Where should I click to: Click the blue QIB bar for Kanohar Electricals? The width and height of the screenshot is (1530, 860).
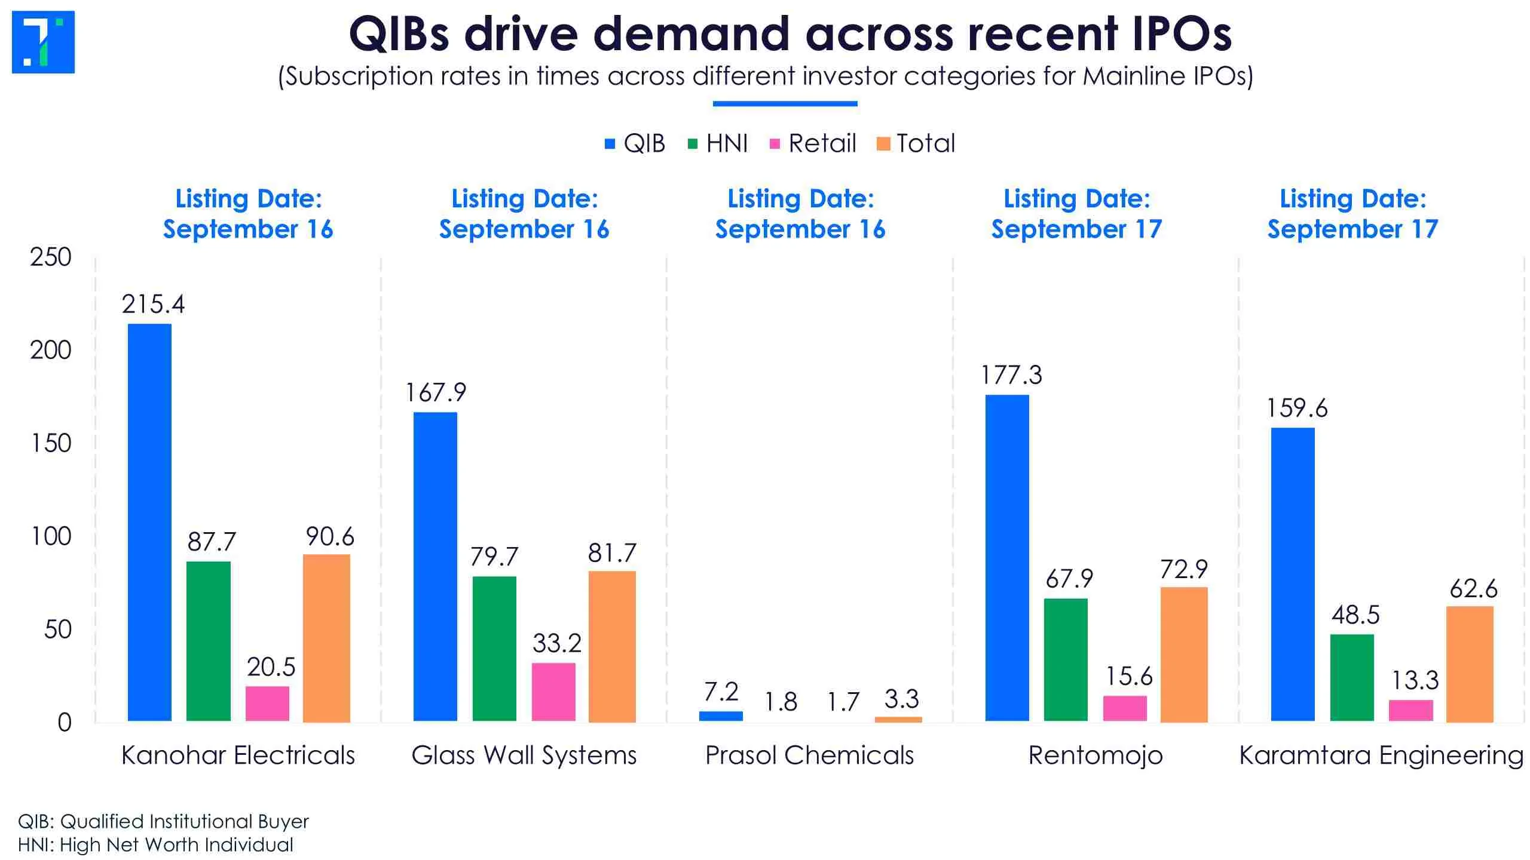click(149, 523)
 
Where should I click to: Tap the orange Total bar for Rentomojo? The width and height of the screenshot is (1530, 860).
click(1184, 655)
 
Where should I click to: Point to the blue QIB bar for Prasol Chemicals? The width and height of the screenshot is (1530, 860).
click(721, 716)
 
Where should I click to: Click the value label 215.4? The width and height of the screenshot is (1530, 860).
click(153, 305)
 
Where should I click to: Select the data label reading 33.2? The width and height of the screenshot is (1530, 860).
click(556, 643)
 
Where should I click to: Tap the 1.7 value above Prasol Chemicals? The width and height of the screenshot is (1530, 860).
click(843, 702)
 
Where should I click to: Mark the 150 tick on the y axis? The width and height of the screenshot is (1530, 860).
click(51, 443)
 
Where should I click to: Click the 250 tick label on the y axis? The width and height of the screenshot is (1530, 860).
click(51, 257)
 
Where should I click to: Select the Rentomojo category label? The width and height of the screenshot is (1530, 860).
click(1096, 756)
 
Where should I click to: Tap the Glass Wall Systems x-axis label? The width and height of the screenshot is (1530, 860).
click(524, 755)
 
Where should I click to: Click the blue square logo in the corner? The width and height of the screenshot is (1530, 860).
click(43, 42)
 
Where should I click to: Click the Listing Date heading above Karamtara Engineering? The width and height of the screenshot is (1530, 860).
click(1352, 214)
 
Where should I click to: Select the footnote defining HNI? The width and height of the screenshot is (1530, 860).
click(155, 845)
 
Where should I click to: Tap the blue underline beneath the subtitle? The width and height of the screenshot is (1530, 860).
click(785, 104)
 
